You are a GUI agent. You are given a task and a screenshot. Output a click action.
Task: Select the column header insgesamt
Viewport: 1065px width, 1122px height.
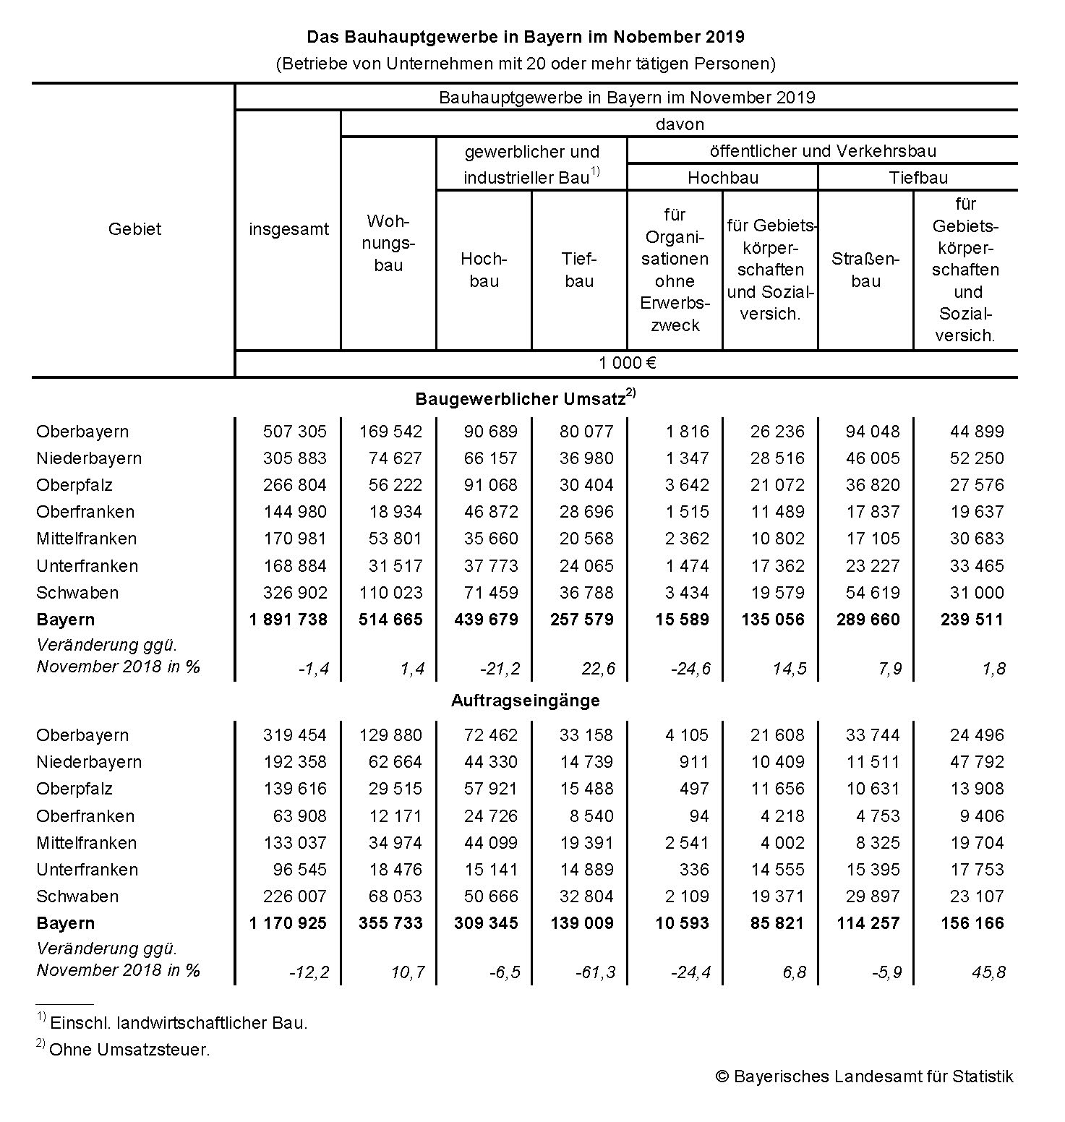pyautogui.click(x=288, y=229)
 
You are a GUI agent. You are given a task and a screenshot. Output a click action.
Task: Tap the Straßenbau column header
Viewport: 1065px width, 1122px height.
pyautogui.click(x=865, y=270)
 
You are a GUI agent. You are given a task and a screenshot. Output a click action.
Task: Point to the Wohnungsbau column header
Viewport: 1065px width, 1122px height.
pyautogui.click(x=388, y=243)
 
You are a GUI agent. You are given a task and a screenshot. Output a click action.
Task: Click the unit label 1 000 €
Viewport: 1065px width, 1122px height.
pyautogui.click(x=627, y=363)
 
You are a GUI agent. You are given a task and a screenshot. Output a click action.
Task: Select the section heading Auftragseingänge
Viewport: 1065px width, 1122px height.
pyautogui.click(x=526, y=700)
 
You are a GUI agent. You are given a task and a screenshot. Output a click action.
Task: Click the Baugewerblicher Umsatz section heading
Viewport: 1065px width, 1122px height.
pyautogui.click(x=521, y=398)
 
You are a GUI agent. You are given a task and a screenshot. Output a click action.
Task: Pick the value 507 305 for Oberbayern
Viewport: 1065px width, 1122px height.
pyautogui.click(x=295, y=432)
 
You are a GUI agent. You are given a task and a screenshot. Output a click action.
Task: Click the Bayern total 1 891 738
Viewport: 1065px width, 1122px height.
pyautogui.click(x=288, y=620)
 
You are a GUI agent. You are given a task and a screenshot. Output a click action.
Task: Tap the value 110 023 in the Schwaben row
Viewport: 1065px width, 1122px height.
pyautogui.click(x=390, y=593)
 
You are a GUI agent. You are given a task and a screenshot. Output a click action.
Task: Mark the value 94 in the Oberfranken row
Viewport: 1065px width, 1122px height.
pyautogui.click(x=698, y=816)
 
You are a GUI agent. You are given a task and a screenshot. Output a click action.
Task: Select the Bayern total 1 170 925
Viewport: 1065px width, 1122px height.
pyautogui.click(x=288, y=923)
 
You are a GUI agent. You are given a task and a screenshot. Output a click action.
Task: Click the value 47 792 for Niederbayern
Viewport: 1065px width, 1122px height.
pyautogui.click(x=977, y=762)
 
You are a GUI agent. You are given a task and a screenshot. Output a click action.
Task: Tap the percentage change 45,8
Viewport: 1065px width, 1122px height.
pyautogui.click(x=988, y=972)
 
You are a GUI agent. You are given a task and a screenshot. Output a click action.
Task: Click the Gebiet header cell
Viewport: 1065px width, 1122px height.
pyautogui.click(x=134, y=229)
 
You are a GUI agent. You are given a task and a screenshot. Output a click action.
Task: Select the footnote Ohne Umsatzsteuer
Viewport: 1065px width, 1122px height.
pyautogui.click(x=129, y=1050)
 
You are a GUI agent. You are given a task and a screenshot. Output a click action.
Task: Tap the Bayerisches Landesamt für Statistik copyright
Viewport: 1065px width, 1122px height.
pyautogui.click(x=865, y=1076)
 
